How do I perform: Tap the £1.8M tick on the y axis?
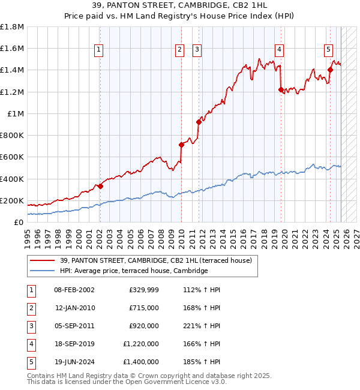pyautogui.click(x=11, y=27)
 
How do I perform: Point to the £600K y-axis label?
pyautogui.click(x=11, y=157)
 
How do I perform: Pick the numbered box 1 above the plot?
pyautogui.click(x=98, y=50)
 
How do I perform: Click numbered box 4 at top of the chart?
pyautogui.click(x=280, y=50)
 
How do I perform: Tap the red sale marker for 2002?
pyautogui.click(x=100, y=186)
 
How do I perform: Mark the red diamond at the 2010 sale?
pyautogui.click(x=181, y=145)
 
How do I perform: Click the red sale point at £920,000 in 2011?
pyautogui.click(x=198, y=122)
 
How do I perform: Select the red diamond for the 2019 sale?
pyautogui.click(x=281, y=89)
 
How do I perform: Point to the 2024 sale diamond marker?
pyautogui.click(x=330, y=70)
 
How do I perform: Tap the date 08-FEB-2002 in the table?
pyautogui.click(x=74, y=290)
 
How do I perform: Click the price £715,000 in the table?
pyautogui.click(x=144, y=308)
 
